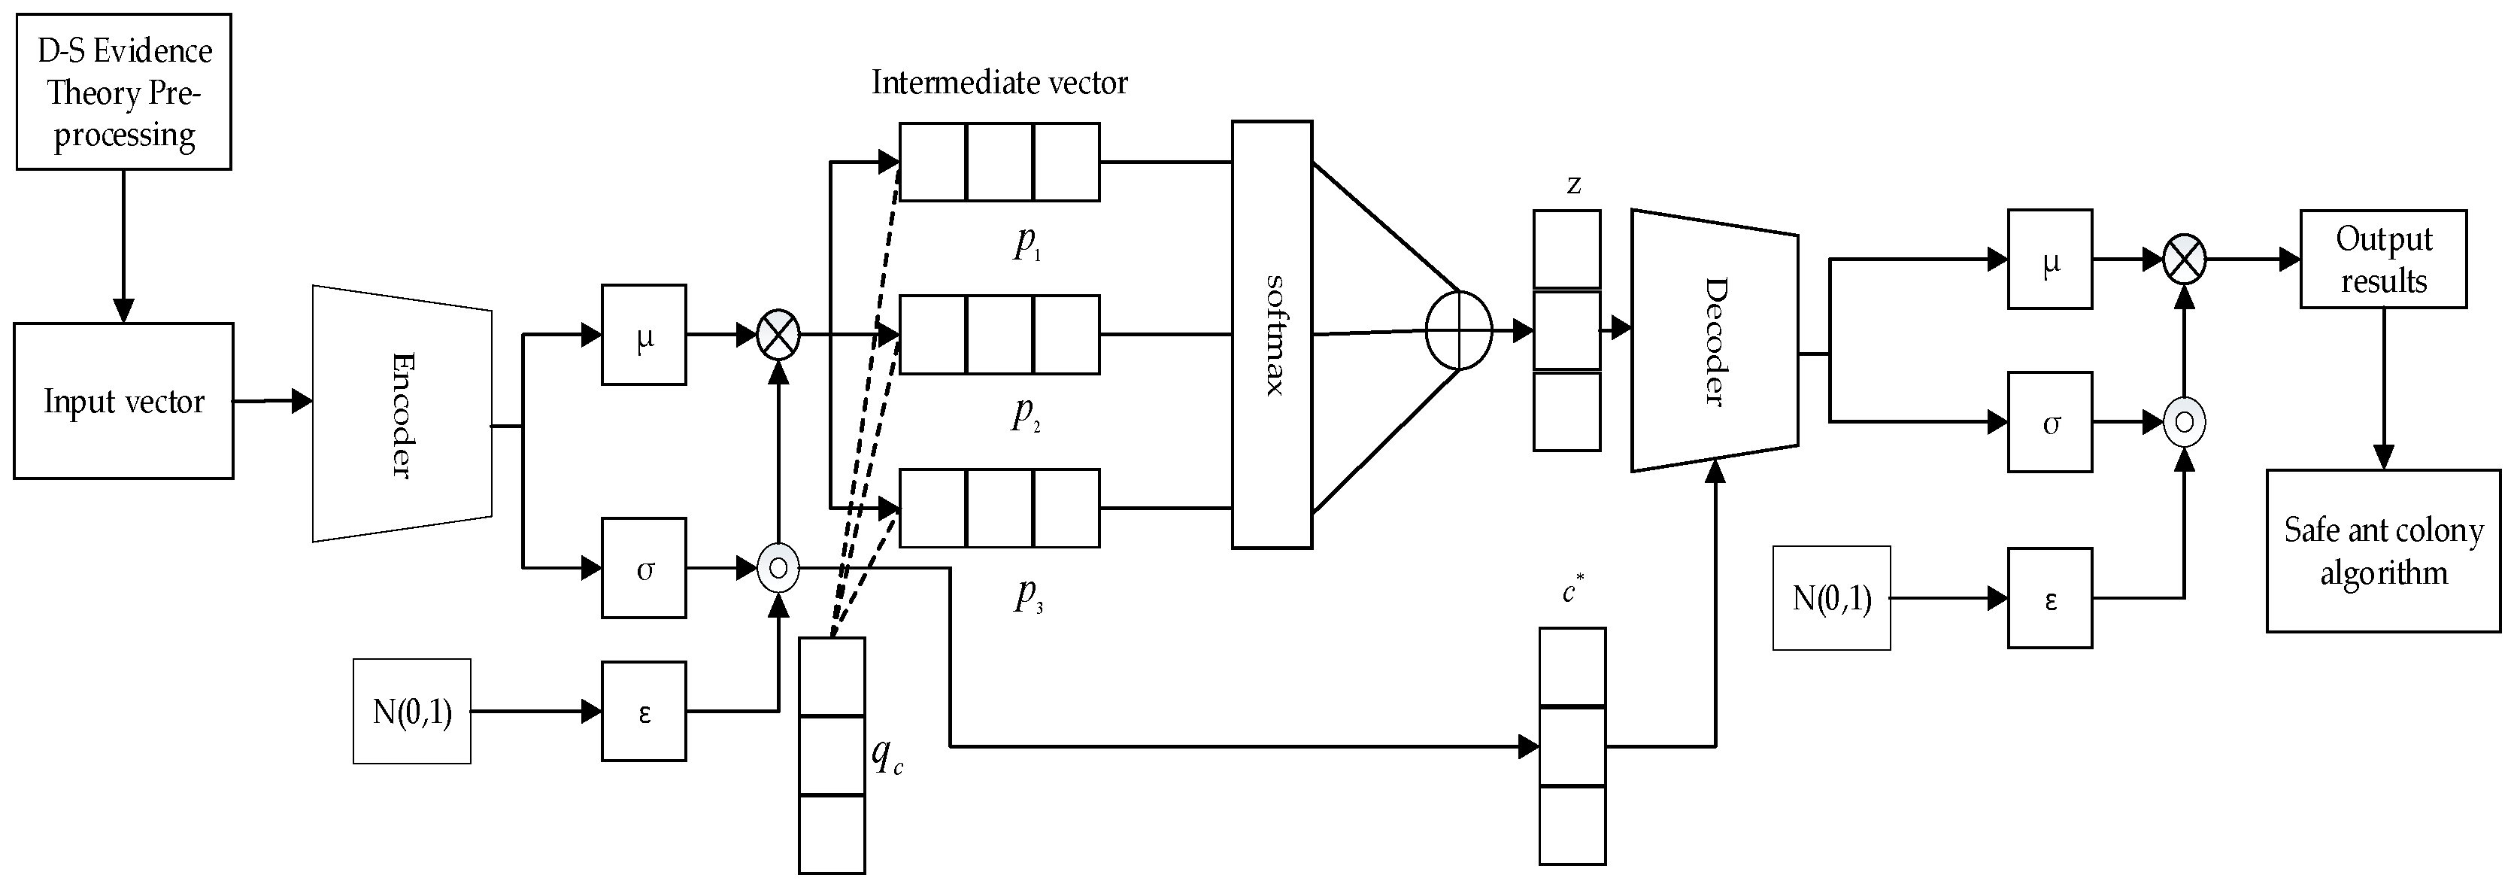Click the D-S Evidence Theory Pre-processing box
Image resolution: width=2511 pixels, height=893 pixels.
click(124, 92)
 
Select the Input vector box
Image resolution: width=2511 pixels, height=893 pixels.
click(124, 401)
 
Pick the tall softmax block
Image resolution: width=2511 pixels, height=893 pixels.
click(1272, 334)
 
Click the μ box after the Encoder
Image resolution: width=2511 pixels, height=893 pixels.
click(643, 334)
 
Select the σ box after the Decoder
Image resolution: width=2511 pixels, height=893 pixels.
click(2050, 422)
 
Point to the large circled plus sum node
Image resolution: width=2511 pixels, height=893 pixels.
click(1458, 330)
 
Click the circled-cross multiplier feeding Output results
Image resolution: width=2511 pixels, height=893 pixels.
click(2185, 260)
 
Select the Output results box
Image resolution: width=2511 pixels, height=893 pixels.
click(2383, 260)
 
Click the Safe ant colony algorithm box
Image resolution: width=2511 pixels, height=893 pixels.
click(2383, 551)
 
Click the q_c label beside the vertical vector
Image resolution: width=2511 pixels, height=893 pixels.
click(885, 755)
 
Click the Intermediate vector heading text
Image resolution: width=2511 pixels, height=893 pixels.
click(999, 83)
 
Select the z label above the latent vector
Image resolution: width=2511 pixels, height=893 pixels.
click(1573, 184)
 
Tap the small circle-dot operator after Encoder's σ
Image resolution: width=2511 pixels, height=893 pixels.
click(778, 567)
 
